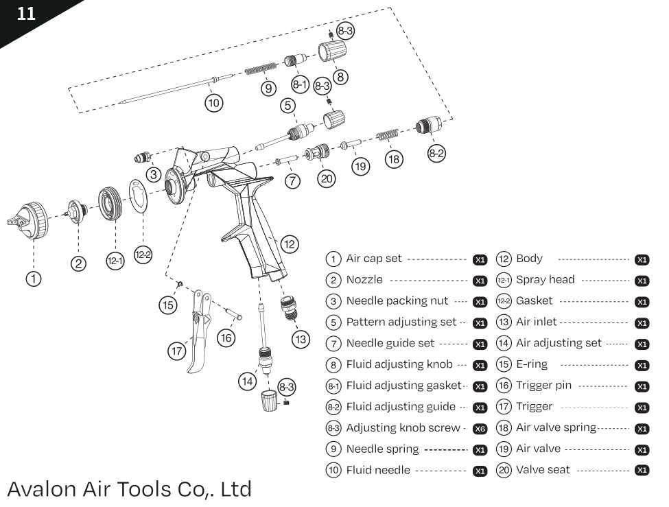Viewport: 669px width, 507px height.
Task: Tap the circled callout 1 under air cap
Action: click(x=34, y=278)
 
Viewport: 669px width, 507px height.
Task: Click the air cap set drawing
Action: click(x=29, y=220)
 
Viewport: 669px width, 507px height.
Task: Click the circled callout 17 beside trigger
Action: click(x=177, y=351)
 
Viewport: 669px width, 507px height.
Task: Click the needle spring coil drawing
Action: click(x=261, y=69)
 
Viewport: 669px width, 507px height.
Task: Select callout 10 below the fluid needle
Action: click(x=214, y=103)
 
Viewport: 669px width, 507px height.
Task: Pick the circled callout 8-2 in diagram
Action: click(x=436, y=153)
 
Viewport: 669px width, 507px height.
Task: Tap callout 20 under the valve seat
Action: click(x=327, y=178)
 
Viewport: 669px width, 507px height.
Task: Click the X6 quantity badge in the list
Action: click(x=480, y=429)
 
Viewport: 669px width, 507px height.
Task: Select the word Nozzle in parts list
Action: click(x=364, y=280)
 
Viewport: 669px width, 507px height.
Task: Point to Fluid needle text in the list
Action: click(x=378, y=470)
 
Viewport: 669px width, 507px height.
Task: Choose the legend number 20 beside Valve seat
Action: click(x=504, y=470)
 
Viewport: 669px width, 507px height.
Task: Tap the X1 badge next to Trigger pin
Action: click(x=642, y=387)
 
